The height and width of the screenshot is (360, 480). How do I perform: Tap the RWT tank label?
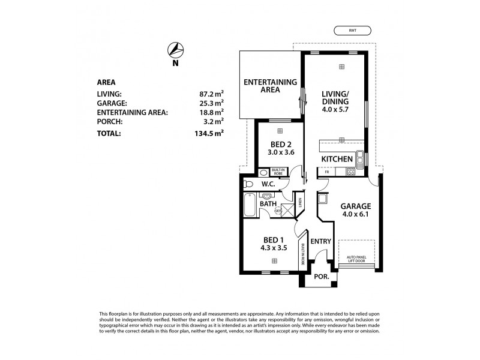pyautogui.click(x=352, y=31)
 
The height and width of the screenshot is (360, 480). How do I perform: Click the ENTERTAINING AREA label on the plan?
pyautogui.click(x=270, y=86)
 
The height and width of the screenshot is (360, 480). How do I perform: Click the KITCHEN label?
pyautogui.click(x=337, y=159)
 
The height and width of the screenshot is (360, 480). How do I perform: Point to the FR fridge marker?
pyautogui.click(x=326, y=172)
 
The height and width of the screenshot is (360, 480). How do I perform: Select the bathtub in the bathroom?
pyautogui.click(x=250, y=206)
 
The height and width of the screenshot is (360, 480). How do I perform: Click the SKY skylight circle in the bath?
pyautogui.click(x=277, y=211)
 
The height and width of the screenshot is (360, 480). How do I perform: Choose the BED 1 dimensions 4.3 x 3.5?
pyautogui.click(x=274, y=247)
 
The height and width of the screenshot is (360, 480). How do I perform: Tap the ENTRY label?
pyautogui.click(x=321, y=242)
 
